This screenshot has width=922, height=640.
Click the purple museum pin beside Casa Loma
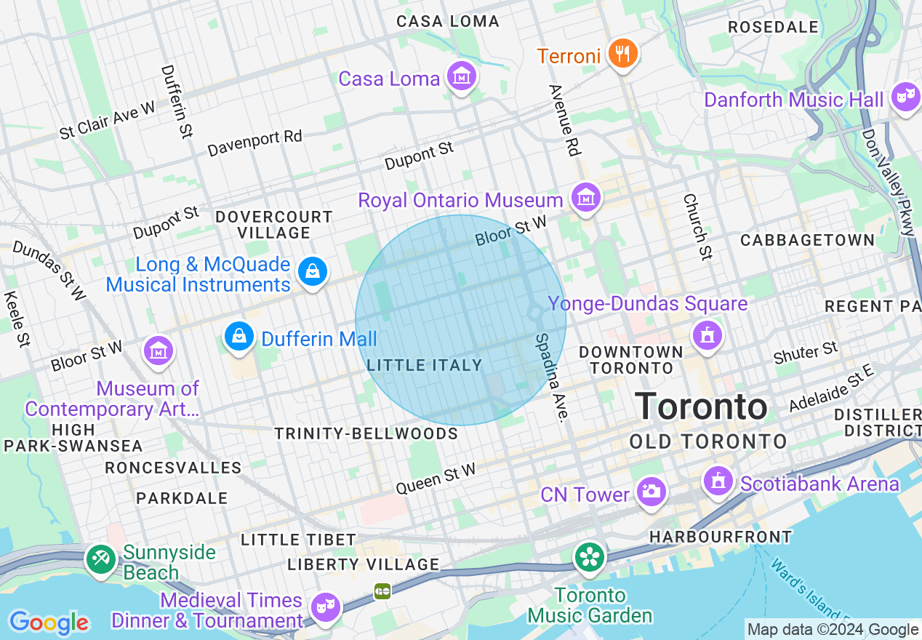point(461,76)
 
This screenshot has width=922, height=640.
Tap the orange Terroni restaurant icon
point(622,54)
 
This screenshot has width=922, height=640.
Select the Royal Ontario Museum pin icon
point(585,197)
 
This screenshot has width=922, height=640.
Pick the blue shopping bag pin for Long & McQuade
point(313,272)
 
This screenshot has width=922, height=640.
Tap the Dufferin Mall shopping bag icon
point(238,337)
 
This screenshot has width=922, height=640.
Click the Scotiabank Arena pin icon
point(718,481)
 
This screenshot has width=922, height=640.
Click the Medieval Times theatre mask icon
point(324,605)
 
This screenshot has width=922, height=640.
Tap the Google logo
point(49,623)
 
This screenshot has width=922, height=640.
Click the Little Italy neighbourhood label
point(425,365)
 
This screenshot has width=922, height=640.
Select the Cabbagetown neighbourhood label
point(807,240)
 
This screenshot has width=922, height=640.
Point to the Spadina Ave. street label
point(550,377)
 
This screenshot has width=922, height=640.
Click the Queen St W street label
point(436,479)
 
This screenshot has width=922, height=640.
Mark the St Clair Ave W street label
point(108,121)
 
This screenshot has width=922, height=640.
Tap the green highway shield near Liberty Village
point(382,591)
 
